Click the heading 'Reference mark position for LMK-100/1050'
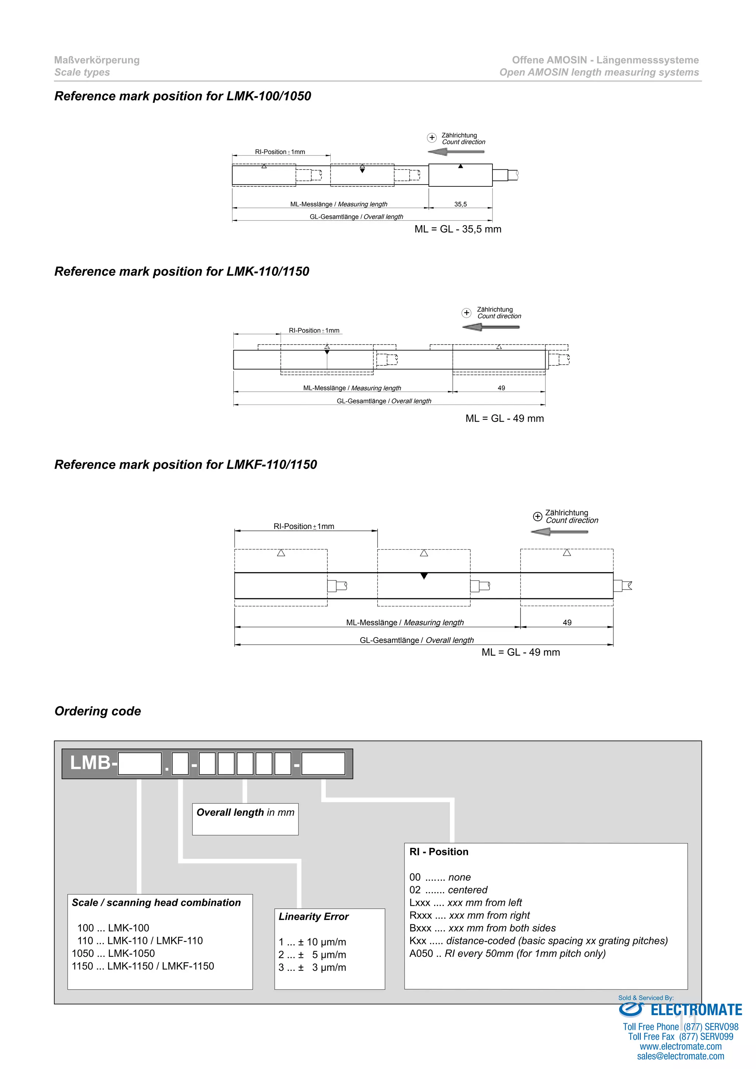coord(182,96)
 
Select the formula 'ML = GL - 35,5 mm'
coord(458,229)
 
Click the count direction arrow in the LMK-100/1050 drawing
coord(456,152)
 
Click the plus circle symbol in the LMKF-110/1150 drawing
coord(537,516)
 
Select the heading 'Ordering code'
coord(97,711)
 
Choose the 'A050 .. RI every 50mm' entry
coord(508,953)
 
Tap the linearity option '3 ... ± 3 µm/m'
coord(312,967)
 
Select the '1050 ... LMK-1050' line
coord(113,953)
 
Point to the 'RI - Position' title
coord(439,852)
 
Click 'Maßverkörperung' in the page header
coord(97,60)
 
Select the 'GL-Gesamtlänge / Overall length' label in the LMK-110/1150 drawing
coord(384,401)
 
